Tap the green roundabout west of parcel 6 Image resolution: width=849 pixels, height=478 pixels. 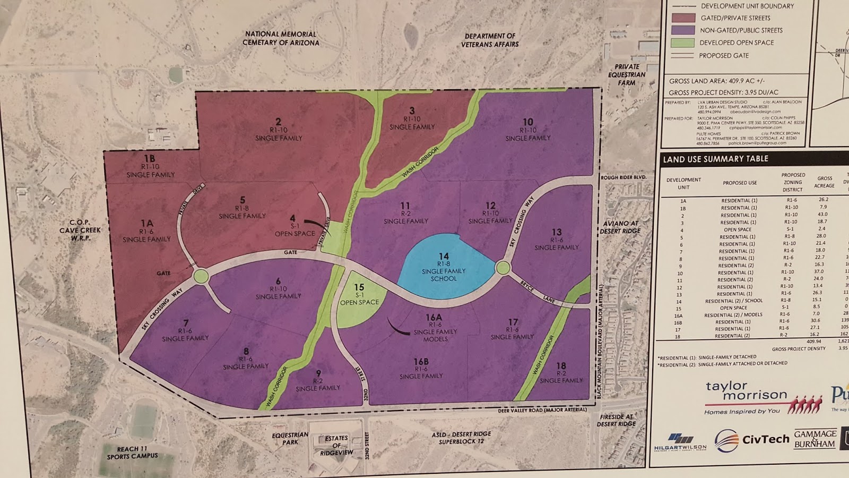coord(201,276)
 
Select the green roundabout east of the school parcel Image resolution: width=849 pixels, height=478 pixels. coord(503,268)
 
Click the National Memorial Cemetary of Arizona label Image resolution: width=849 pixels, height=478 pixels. coord(281,38)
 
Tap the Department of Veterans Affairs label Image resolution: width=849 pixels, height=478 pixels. coord(490,40)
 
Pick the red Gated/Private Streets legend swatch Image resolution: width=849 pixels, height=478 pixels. coord(683,18)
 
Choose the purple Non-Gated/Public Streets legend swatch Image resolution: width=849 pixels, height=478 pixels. coord(683,30)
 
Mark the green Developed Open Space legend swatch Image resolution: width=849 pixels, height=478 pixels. coord(683,43)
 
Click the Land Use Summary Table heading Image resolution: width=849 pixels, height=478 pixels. coord(715,159)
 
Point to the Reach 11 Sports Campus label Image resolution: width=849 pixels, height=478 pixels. coord(132,453)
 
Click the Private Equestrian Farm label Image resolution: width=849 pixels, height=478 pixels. coord(627,74)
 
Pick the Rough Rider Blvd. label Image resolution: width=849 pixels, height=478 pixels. coord(623,177)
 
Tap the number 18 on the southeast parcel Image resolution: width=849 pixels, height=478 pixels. coord(561,366)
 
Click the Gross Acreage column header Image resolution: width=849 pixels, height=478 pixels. coord(825,182)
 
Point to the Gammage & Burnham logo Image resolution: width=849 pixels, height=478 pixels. coord(815,439)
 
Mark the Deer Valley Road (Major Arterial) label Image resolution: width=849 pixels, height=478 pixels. coord(542,410)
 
